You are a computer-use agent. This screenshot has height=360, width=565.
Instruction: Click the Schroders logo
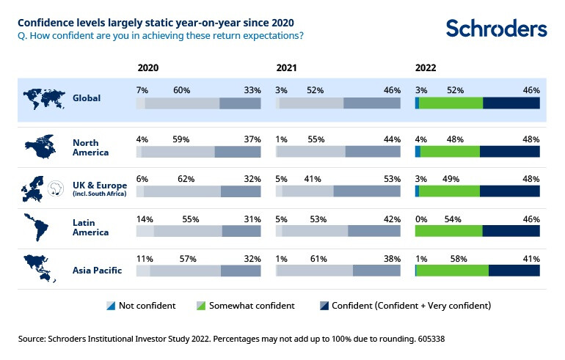click(x=496, y=28)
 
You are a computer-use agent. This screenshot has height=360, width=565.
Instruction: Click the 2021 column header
click(x=287, y=67)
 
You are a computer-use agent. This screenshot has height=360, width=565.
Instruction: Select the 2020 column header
click(x=147, y=67)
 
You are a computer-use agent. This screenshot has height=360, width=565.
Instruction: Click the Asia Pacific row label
click(x=97, y=271)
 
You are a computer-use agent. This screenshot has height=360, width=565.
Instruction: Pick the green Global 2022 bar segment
click(x=451, y=103)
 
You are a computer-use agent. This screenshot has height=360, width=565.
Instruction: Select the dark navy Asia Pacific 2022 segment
click(x=514, y=271)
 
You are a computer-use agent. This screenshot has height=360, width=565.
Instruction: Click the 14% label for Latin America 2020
click(x=143, y=218)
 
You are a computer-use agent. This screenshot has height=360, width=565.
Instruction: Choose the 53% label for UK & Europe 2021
click(x=392, y=177)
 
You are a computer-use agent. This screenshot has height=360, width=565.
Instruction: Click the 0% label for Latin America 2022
click(x=421, y=218)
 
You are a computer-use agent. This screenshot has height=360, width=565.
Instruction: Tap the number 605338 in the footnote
click(x=429, y=339)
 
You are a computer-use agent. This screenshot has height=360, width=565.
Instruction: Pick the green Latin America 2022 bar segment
click(x=449, y=230)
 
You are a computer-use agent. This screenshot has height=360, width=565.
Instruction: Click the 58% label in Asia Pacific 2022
click(x=456, y=259)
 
